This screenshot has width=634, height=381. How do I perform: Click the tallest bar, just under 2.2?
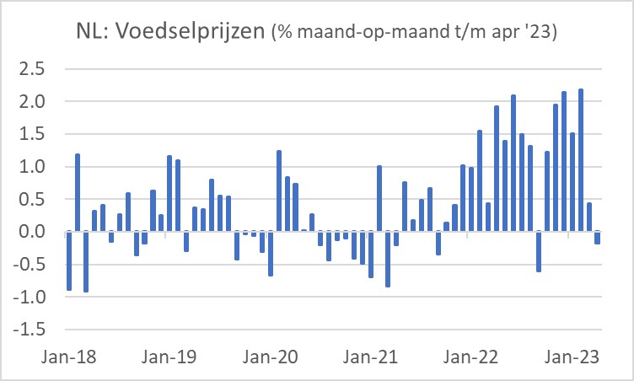[x=581, y=160]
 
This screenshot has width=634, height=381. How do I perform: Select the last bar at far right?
[x=598, y=238]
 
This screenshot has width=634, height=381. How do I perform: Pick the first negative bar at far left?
[x=69, y=260]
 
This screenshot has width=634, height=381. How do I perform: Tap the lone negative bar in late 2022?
[x=539, y=251]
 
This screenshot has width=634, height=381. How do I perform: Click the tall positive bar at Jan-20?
[x=279, y=190]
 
